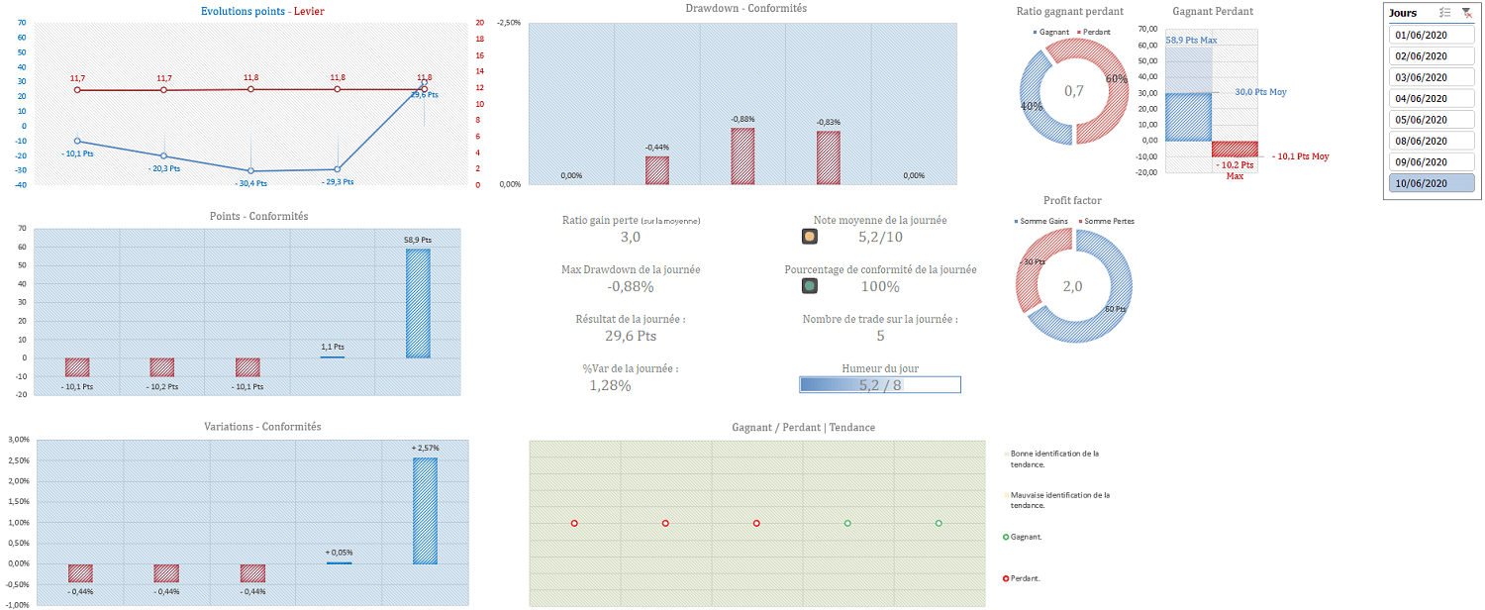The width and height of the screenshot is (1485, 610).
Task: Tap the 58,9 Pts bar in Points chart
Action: (418, 303)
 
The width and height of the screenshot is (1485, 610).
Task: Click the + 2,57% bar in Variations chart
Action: (425, 511)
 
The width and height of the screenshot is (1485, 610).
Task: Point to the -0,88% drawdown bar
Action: (742, 156)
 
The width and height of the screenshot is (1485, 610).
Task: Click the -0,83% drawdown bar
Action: (829, 157)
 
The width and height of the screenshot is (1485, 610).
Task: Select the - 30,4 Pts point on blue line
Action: (250, 171)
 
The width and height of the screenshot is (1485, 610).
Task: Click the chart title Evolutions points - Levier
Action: (261, 12)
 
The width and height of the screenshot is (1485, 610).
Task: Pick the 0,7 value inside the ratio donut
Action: (1073, 91)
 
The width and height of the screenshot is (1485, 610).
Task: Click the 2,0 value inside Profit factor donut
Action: (1073, 286)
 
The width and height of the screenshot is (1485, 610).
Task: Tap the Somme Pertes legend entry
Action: (1107, 220)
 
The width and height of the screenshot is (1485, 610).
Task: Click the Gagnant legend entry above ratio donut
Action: (1051, 32)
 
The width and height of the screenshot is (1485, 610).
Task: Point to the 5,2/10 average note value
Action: (880, 237)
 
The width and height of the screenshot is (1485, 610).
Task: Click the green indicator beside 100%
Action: (810, 286)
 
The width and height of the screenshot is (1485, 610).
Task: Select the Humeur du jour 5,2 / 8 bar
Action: (880, 385)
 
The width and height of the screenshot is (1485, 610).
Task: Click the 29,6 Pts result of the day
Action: (631, 336)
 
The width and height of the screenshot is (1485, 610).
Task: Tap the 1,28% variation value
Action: (610, 385)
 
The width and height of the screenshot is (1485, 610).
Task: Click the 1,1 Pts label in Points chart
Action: (333, 347)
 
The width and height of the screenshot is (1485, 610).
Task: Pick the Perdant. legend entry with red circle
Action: (1025, 578)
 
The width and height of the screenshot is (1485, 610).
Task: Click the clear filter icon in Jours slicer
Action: (1466, 13)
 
